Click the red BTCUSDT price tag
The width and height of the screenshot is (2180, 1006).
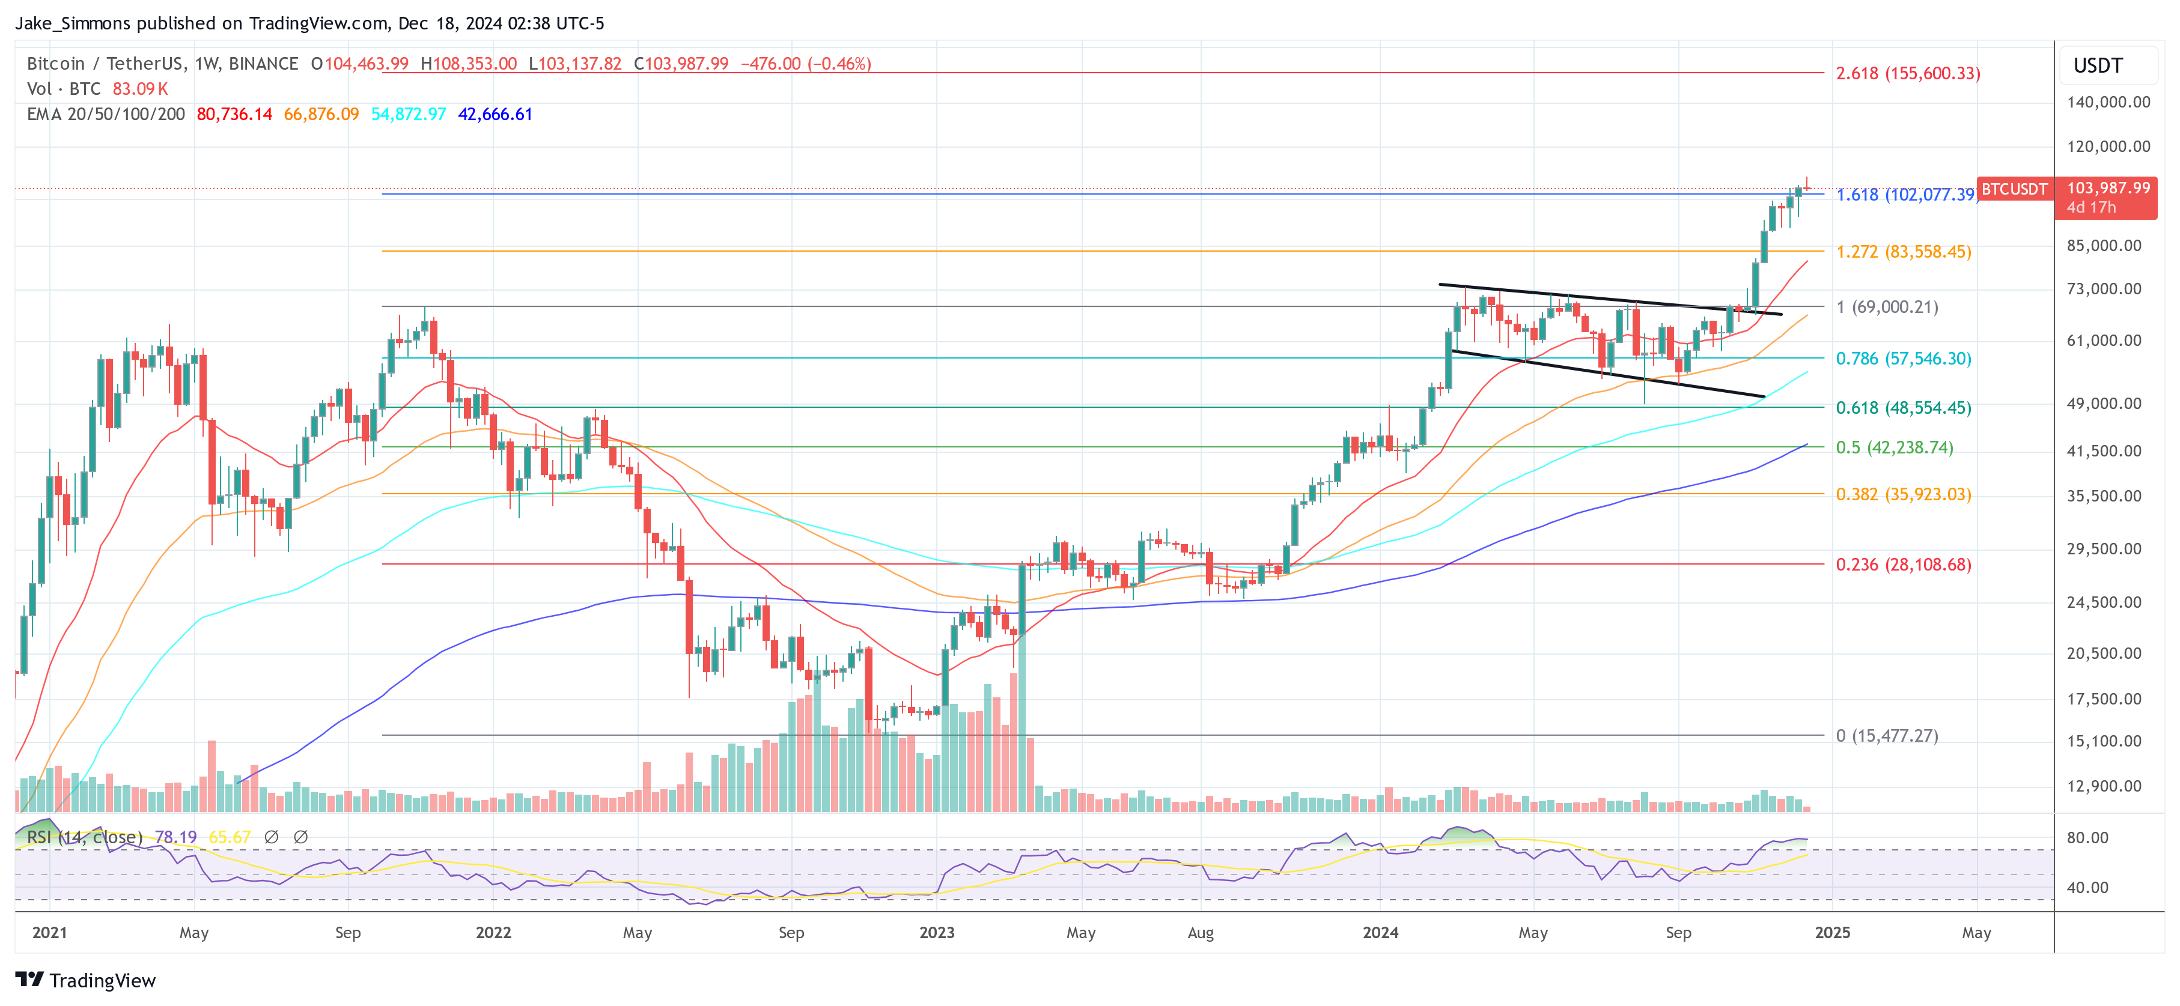(x=2014, y=189)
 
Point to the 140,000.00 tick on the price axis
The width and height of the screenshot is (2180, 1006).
(x=2108, y=102)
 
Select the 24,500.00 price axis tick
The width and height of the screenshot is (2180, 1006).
(x=2104, y=602)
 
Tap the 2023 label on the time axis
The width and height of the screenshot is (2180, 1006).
(x=937, y=932)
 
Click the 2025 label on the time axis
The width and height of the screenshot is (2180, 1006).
(x=1832, y=932)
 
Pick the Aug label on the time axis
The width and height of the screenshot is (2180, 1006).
(x=1200, y=932)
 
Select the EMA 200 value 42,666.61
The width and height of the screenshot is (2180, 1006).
(x=495, y=114)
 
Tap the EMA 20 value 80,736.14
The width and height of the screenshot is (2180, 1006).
(x=234, y=114)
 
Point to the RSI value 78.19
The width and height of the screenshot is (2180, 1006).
(x=175, y=837)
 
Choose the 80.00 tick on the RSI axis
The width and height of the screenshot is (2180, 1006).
(x=2087, y=838)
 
